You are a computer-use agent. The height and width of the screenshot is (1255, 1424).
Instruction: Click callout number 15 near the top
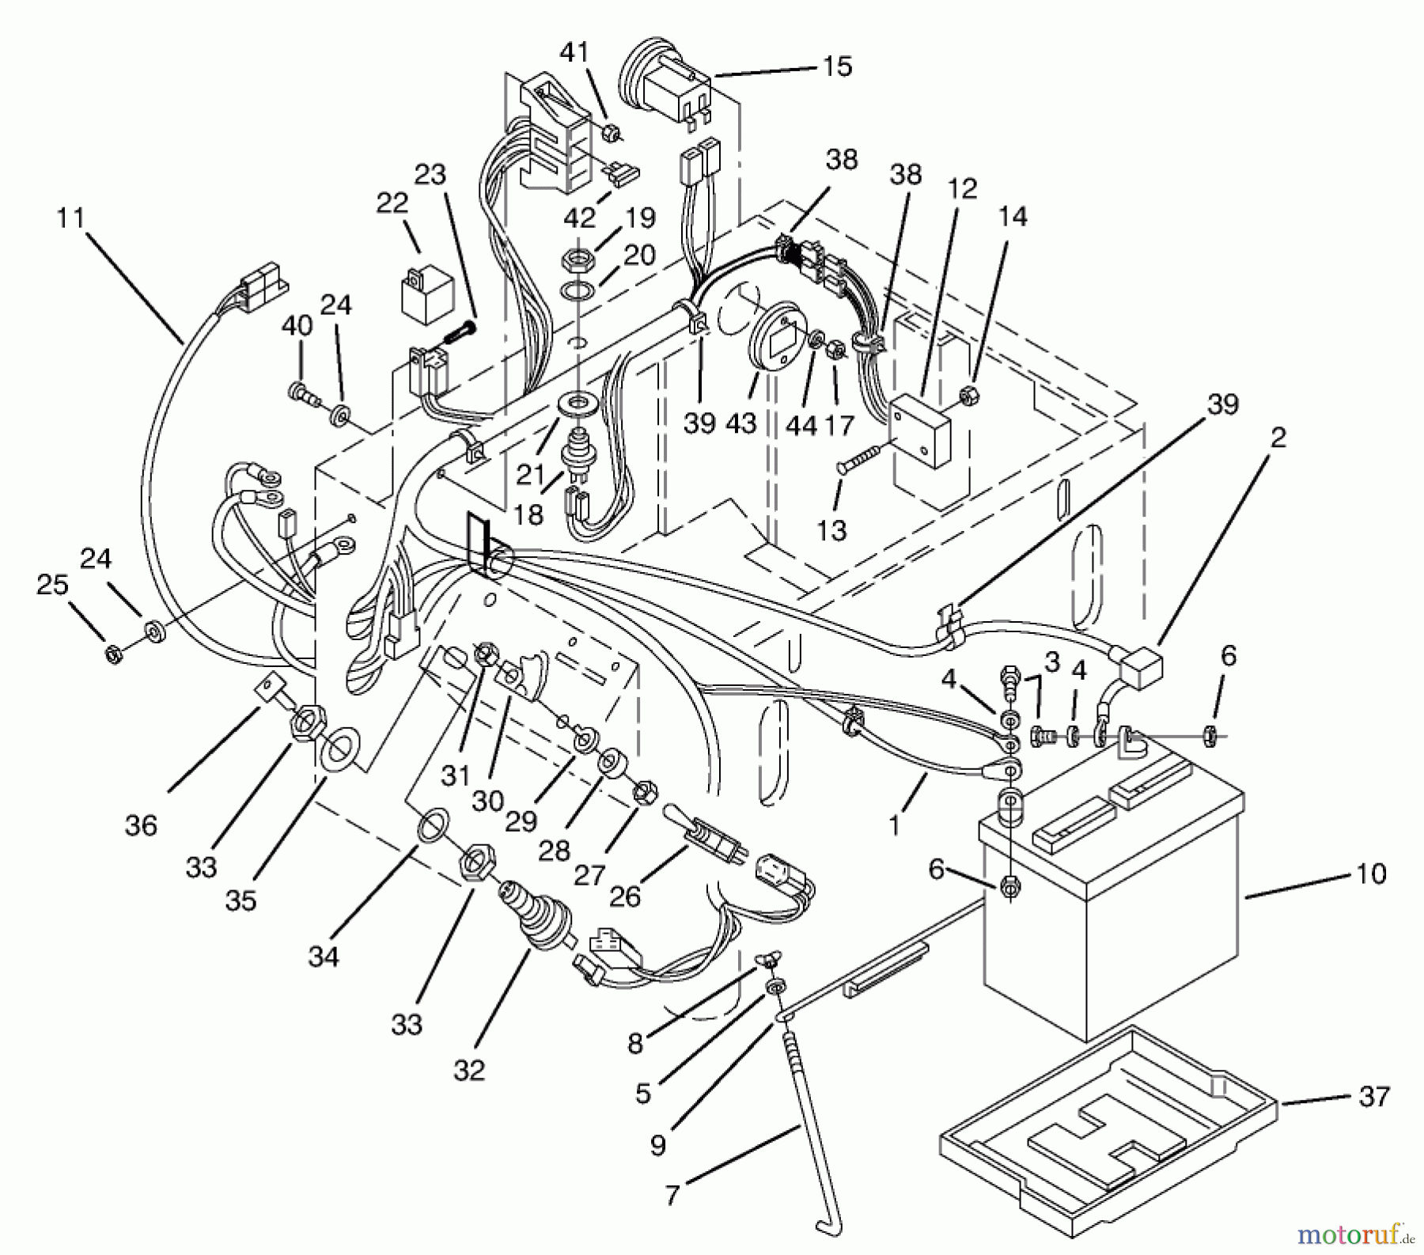coord(837,66)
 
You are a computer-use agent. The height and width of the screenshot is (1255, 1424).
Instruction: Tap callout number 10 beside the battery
coord(1371,874)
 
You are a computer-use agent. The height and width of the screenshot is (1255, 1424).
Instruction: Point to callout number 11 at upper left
coord(70,217)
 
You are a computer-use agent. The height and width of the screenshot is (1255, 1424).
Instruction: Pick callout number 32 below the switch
coord(469,1071)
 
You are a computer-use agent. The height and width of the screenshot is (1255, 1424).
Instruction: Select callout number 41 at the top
coord(574,52)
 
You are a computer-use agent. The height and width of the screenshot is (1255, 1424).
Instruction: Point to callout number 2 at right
coord(1278,437)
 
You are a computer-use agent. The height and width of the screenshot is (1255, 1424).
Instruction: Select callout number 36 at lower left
coord(141,825)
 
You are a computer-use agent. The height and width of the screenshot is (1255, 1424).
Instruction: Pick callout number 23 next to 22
coord(430,174)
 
